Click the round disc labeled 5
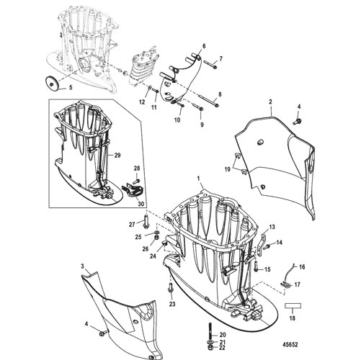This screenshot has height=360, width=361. (x=52, y=83)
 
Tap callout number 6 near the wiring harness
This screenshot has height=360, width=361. (x=204, y=46)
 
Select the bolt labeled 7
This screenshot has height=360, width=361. (x=211, y=65)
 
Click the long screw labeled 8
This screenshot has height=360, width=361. (x=209, y=101)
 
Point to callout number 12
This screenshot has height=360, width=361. (x=142, y=102)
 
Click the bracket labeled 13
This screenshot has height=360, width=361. (x=262, y=243)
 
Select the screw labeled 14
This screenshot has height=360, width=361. (x=267, y=246)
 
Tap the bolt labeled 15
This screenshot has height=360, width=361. (x=255, y=266)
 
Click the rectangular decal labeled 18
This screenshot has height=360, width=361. (x=293, y=306)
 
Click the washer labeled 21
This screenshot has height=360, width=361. (x=210, y=342)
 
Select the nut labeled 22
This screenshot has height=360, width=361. (x=210, y=347)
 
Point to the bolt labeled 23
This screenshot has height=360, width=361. (x=171, y=288)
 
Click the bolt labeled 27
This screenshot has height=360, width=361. (x=146, y=220)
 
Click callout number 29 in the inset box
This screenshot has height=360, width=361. (x=117, y=156)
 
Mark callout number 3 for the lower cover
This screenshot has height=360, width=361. (x=82, y=266)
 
